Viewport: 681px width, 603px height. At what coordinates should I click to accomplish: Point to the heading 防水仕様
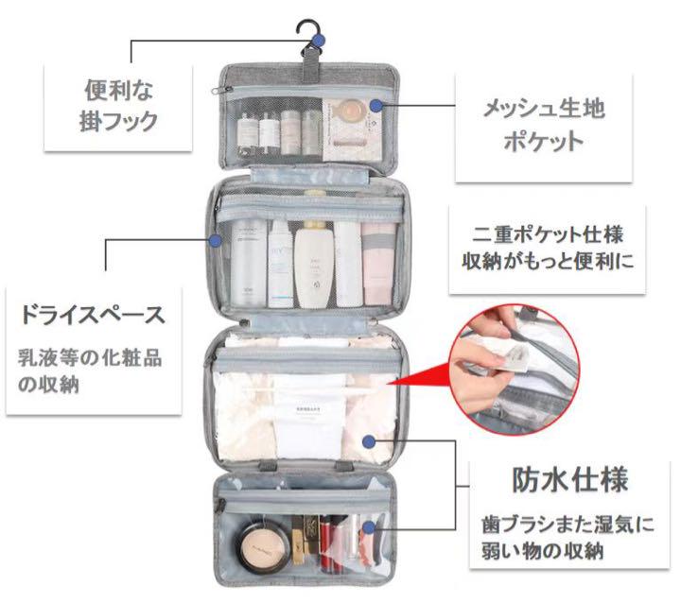pos(570,479)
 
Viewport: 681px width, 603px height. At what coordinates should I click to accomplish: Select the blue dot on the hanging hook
pos(321,41)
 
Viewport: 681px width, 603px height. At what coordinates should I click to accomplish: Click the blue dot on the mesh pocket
pos(375,105)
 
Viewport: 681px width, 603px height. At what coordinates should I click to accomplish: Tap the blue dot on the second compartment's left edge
pos(216,241)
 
